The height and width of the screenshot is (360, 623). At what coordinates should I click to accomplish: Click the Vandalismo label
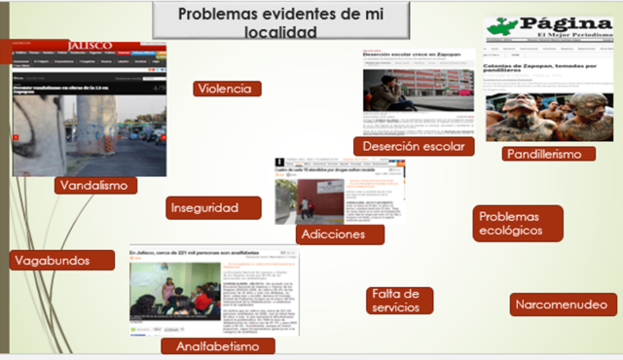(95, 185)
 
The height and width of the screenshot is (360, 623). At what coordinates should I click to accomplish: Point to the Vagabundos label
(50, 260)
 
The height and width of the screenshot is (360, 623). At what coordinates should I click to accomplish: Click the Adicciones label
(334, 234)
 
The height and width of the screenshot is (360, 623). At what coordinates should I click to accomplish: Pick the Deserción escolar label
(412, 146)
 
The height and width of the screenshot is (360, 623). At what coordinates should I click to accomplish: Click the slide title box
(252, 22)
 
